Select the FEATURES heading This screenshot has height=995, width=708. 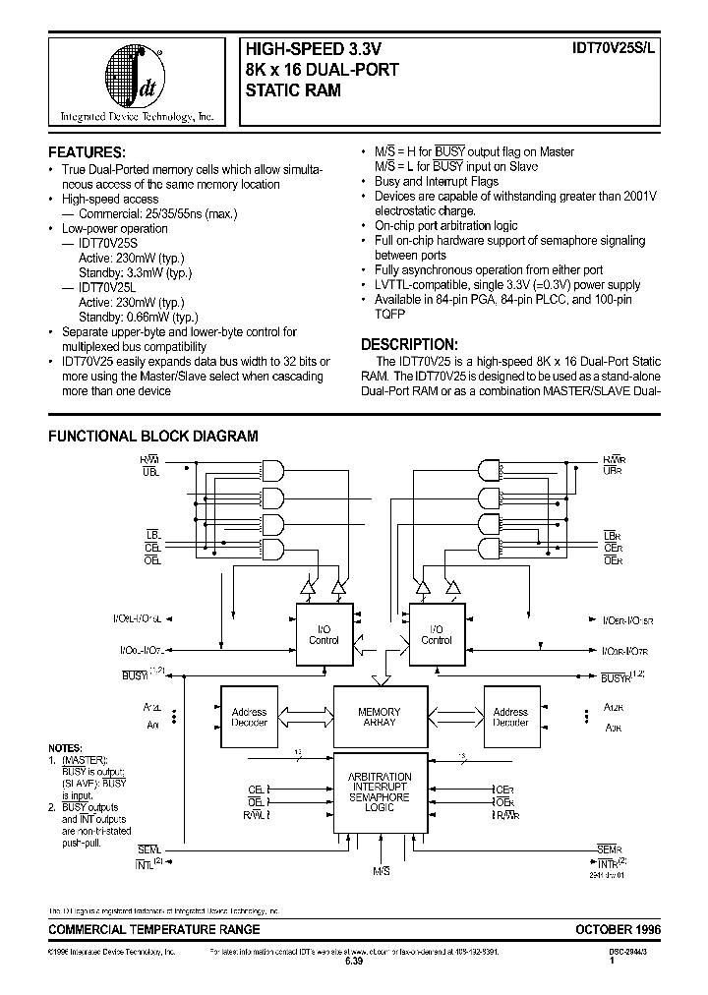(x=87, y=152)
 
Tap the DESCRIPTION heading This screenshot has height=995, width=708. (x=408, y=344)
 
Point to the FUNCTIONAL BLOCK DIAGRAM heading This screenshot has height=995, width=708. (x=153, y=436)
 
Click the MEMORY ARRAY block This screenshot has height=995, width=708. (x=379, y=717)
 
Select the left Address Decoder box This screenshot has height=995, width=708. (x=249, y=717)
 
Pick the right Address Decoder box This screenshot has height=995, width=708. (x=510, y=717)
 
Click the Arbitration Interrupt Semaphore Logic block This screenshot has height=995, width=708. (x=379, y=792)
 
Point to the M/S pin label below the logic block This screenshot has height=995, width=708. (x=381, y=871)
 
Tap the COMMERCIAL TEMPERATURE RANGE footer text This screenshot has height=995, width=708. (x=154, y=929)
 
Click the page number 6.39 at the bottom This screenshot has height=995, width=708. (x=353, y=963)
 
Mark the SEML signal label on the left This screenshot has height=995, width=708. (x=147, y=849)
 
